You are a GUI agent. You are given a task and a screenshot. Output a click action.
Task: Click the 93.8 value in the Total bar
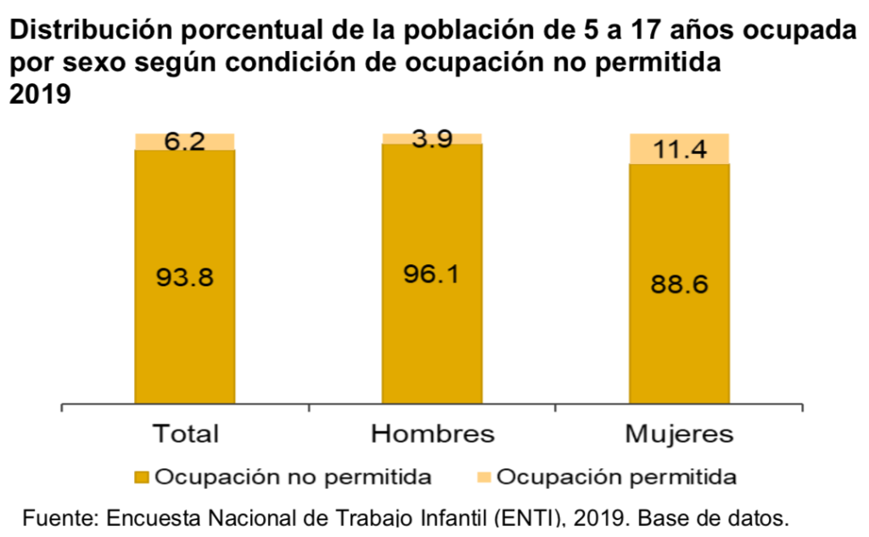tap(184, 277)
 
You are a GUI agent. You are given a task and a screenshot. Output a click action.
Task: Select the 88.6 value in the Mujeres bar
tap(679, 283)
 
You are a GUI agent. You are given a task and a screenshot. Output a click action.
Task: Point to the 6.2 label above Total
tap(184, 142)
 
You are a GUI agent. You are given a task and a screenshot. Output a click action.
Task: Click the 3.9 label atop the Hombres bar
tap(431, 139)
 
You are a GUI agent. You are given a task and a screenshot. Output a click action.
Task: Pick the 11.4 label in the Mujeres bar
tap(679, 150)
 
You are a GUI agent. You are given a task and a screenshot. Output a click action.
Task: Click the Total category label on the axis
tap(185, 433)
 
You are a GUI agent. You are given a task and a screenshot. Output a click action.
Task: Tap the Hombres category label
tap(433, 433)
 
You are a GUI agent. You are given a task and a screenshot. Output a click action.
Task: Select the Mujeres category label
tap(679, 433)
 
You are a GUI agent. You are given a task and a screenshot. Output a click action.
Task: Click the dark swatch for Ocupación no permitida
tap(143, 477)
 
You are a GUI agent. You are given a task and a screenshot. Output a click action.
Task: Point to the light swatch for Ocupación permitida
tap(485, 477)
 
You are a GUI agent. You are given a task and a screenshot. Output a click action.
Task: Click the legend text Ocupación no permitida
tap(294, 477)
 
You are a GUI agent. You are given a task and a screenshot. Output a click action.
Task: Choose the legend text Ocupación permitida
tap(616, 477)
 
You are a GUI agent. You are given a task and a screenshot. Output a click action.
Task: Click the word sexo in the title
tap(89, 65)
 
